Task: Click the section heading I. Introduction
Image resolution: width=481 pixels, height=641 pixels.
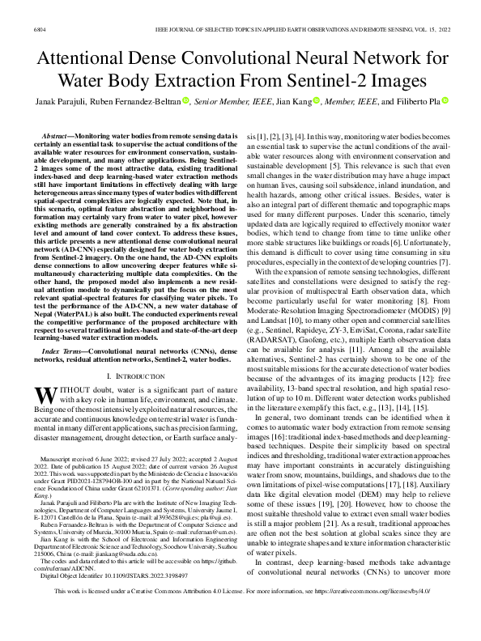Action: coord(130,377)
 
